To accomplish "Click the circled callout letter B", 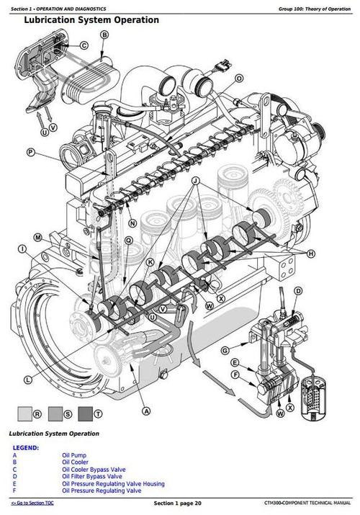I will [x=105, y=35].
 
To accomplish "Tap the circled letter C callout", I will [x=84, y=45].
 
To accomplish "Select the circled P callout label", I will [x=30, y=152].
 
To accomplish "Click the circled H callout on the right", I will [x=311, y=254].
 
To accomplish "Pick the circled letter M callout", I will [x=37, y=237].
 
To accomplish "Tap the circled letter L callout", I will [x=27, y=379].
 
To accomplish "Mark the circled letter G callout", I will [x=225, y=350].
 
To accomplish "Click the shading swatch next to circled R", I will [x=25, y=414].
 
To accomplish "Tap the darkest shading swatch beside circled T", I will [x=86, y=414].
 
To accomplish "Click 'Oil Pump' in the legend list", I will [x=73, y=457].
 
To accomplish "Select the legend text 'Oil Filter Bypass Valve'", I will [x=91, y=476].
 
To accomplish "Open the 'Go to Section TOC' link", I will [x=32, y=502].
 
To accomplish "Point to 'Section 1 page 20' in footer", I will [x=178, y=502].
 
